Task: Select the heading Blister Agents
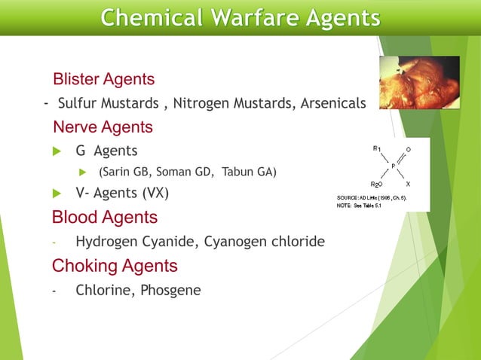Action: click(104, 78)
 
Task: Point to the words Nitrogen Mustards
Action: click(220, 103)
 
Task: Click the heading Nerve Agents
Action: click(103, 127)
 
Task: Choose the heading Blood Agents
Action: click(105, 218)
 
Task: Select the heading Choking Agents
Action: click(115, 266)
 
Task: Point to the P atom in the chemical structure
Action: click(393, 166)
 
